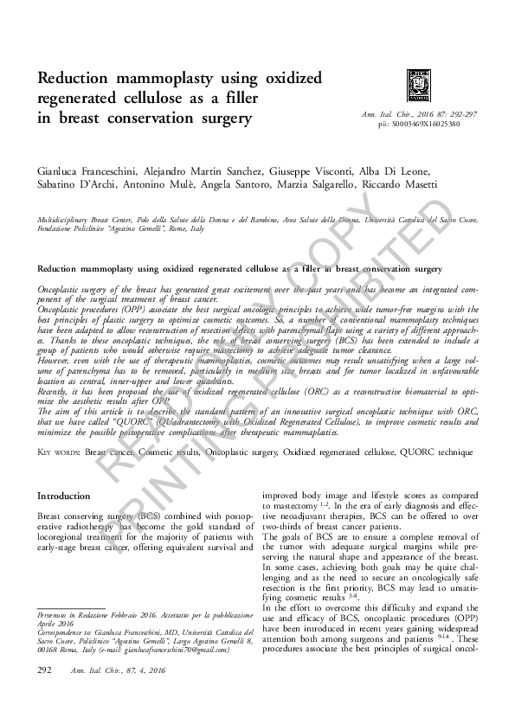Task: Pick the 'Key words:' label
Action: tap(59, 452)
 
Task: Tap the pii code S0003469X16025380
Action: tap(420, 125)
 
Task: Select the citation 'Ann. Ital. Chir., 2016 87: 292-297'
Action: tap(410, 115)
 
